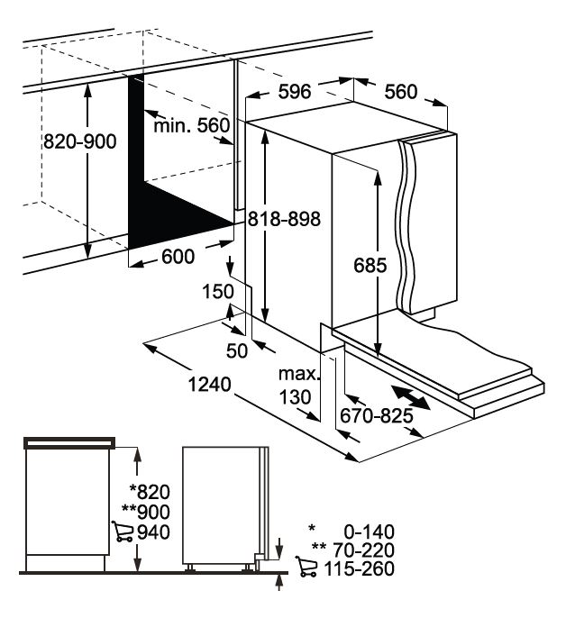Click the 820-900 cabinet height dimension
[79, 141]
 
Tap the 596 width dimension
[295, 92]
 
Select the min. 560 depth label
[191, 126]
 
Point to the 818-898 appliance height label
[284, 219]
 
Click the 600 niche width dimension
[178, 257]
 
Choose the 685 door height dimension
[370, 265]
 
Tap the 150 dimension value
[218, 292]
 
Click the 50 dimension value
[237, 350]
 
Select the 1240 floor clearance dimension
[209, 385]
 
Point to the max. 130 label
[298, 386]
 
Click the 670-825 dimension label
[376, 415]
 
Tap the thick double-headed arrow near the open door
[411, 398]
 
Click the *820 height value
[150, 492]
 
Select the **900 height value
[146, 512]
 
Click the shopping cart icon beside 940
[123, 531]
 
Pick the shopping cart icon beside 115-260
[306, 567]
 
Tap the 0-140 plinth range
[370, 532]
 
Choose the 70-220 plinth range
[363, 550]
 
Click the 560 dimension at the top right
[400, 92]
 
